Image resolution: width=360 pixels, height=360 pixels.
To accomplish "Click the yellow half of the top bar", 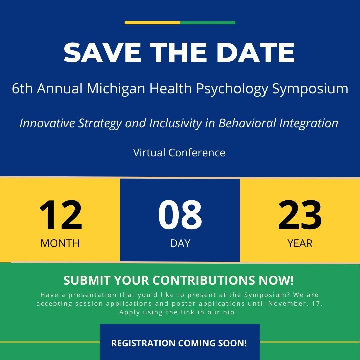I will coord(152,23).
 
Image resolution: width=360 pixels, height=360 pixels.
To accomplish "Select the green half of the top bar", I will coord(208,23).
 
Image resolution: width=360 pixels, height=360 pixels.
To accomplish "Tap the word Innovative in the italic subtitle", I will coord(48,123).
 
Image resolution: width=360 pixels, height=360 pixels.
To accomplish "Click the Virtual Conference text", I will coord(179,153).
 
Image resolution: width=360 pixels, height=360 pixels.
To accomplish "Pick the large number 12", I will coord(60,215).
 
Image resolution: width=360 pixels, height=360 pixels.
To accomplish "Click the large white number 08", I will coord(180,215).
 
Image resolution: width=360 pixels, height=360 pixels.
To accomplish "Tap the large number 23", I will coord(300,215).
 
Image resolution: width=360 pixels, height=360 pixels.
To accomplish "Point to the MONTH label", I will coord(60,243).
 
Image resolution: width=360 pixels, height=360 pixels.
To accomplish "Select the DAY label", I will coord(180,243).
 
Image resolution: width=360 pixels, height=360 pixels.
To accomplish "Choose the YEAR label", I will coord(300,243).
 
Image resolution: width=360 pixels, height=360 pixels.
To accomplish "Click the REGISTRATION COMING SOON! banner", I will coord(179,343).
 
